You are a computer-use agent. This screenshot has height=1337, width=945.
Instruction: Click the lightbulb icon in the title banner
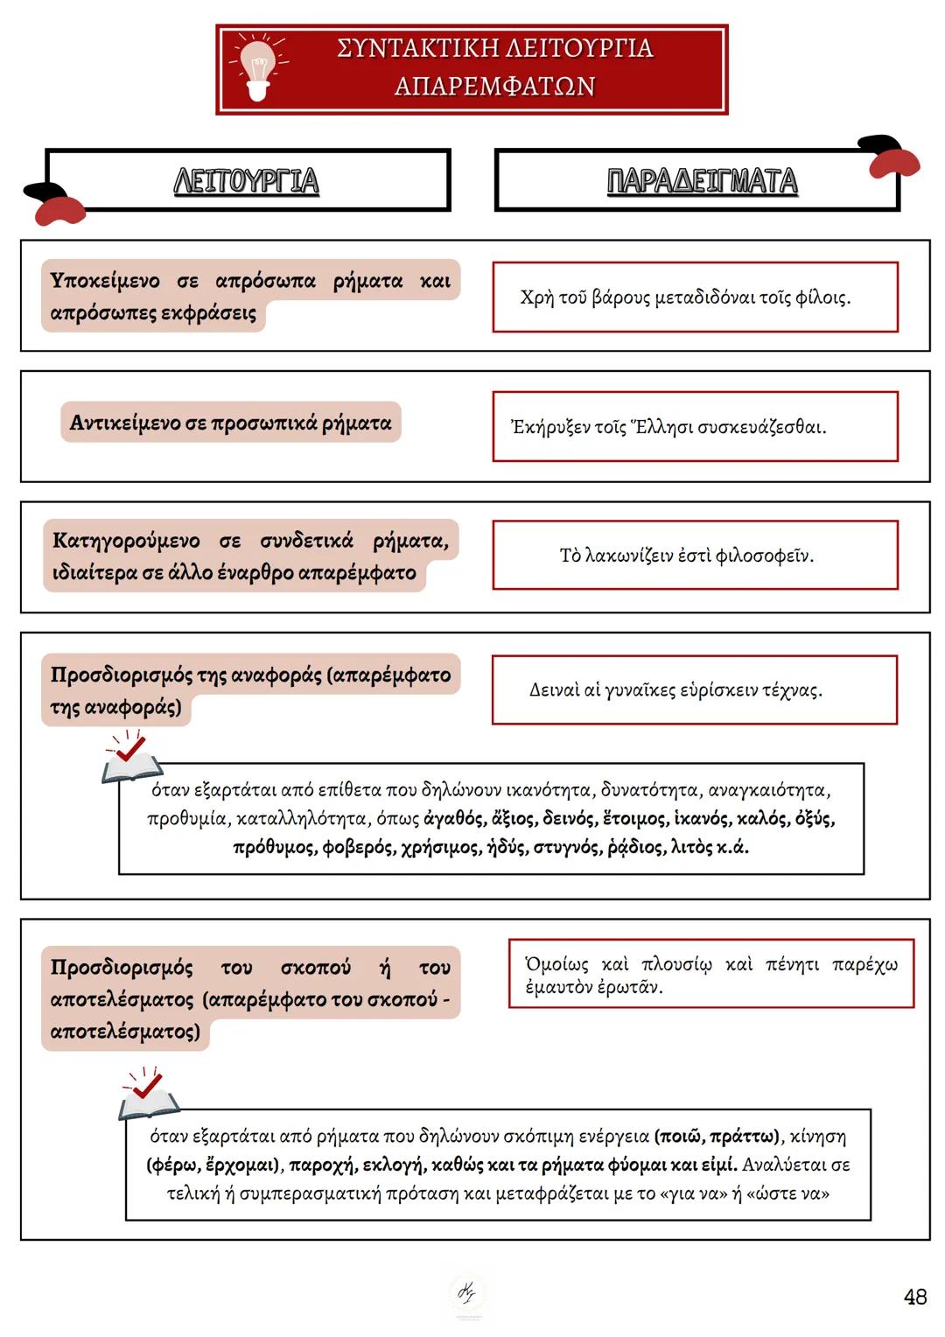pos(257,67)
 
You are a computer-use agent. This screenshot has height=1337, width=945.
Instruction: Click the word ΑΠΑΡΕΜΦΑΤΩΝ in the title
pos(494,87)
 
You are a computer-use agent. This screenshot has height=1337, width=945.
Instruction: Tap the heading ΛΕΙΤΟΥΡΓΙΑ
pos(247,181)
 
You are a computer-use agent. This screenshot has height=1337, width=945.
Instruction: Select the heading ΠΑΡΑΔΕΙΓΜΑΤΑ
pos(702,181)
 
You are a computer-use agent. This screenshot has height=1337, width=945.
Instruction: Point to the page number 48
pos(915,1297)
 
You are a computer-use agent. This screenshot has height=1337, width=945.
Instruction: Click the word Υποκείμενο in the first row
pos(105,281)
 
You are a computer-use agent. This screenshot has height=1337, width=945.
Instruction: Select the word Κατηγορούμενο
pos(126,541)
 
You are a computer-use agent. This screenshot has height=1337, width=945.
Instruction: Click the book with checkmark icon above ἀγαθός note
pos(132,760)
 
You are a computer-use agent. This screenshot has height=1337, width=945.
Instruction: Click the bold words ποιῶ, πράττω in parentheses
pos(717,1137)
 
